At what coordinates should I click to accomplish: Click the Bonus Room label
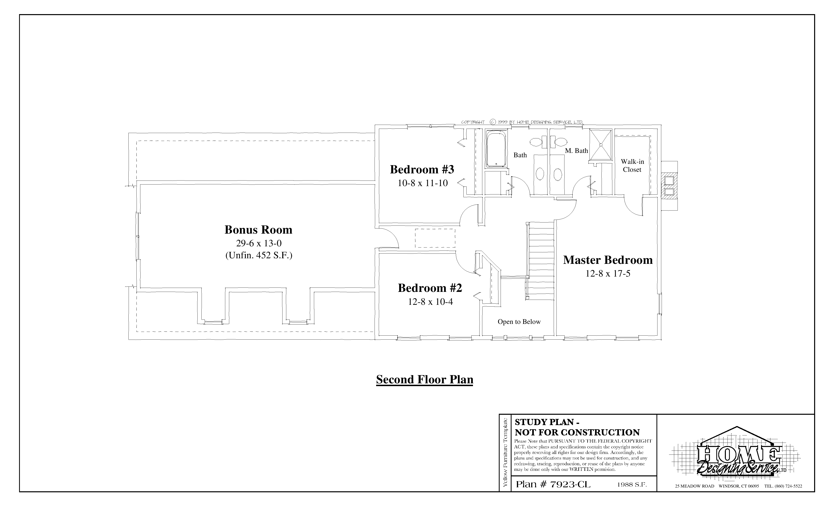pyautogui.click(x=258, y=230)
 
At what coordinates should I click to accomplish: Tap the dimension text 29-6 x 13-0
pyautogui.click(x=259, y=243)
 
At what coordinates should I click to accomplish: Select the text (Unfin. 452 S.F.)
pyautogui.click(x=259, y=255)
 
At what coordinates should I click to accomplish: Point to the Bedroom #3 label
pyautogui.click(x=422, y=169)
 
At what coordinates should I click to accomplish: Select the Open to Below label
pyautogui.click(x=519, y=322)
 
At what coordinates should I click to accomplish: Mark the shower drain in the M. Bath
pyautogui.click(x=601, y=144)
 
